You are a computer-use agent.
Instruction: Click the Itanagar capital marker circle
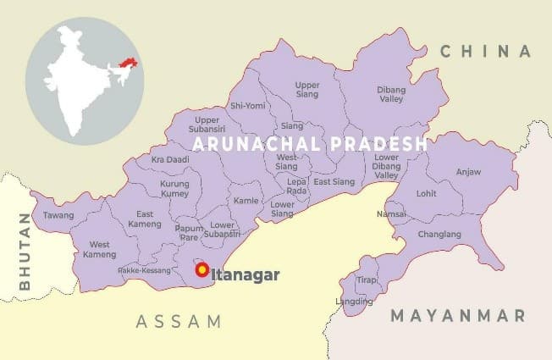pyautogui.click(x=202, y=270)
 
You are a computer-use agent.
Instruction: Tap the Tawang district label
pyautogui.click(x=58, y=215)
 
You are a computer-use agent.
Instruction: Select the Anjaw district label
pyautogui.click(x=468, y=172)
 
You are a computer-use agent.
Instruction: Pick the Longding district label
pyautogui.click(x=355, y=301)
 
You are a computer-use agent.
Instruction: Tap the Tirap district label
pyautogui.click(x=366, y=280)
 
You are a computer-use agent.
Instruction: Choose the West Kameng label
pyautogui.click(x=100, y=250)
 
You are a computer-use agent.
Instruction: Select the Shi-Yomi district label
pyautogui.click(x=247, y=106)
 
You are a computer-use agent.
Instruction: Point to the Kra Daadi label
pyautogui.click(x=169, y=159)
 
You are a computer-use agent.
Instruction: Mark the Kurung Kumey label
pyautogui.click(x=174, y=189)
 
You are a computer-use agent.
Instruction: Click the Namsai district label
pyautogui.click(x=391, y=215)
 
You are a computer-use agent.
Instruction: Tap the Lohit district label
pyautogui.click(x=426, y=193)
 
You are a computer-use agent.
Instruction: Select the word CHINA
pyautogui.click(x=485, y=52)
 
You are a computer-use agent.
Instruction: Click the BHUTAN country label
pyautogui.click(x=24, y=252)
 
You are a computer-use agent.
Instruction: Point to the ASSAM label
pyautogui.click(x=179, y=322)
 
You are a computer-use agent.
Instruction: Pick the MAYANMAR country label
pyautogui.click(x=457, y=315)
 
